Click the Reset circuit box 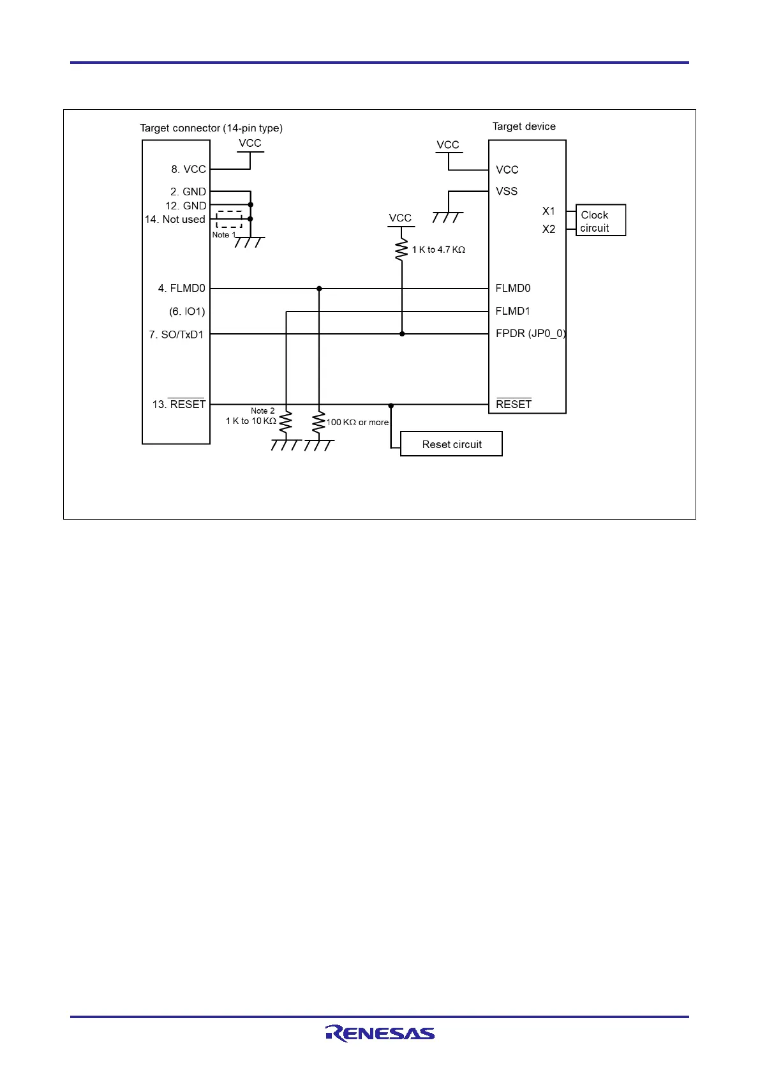click(451, 444)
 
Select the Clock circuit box click(600, 221)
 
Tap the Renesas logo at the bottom click(380, 1033)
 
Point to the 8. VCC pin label click(188, 169)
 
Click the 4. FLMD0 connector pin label click(182, 289)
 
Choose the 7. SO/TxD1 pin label click(176, 335)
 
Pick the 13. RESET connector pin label click(179, 404)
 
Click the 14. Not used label click(175, 219)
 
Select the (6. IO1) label click(187, 312)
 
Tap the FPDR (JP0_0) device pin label click(530, 333)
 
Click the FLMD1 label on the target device click(512, 311)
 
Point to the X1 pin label click(549, 211)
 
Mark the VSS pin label click(507, 192)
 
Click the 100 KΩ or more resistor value click(357, 423)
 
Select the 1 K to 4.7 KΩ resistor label click(438, 250)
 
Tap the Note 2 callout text click(262, 410)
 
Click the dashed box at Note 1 click(229, 219)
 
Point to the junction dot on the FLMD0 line click(319, 289)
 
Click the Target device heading click(524, 126)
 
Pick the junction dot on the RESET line click(391, 405)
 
